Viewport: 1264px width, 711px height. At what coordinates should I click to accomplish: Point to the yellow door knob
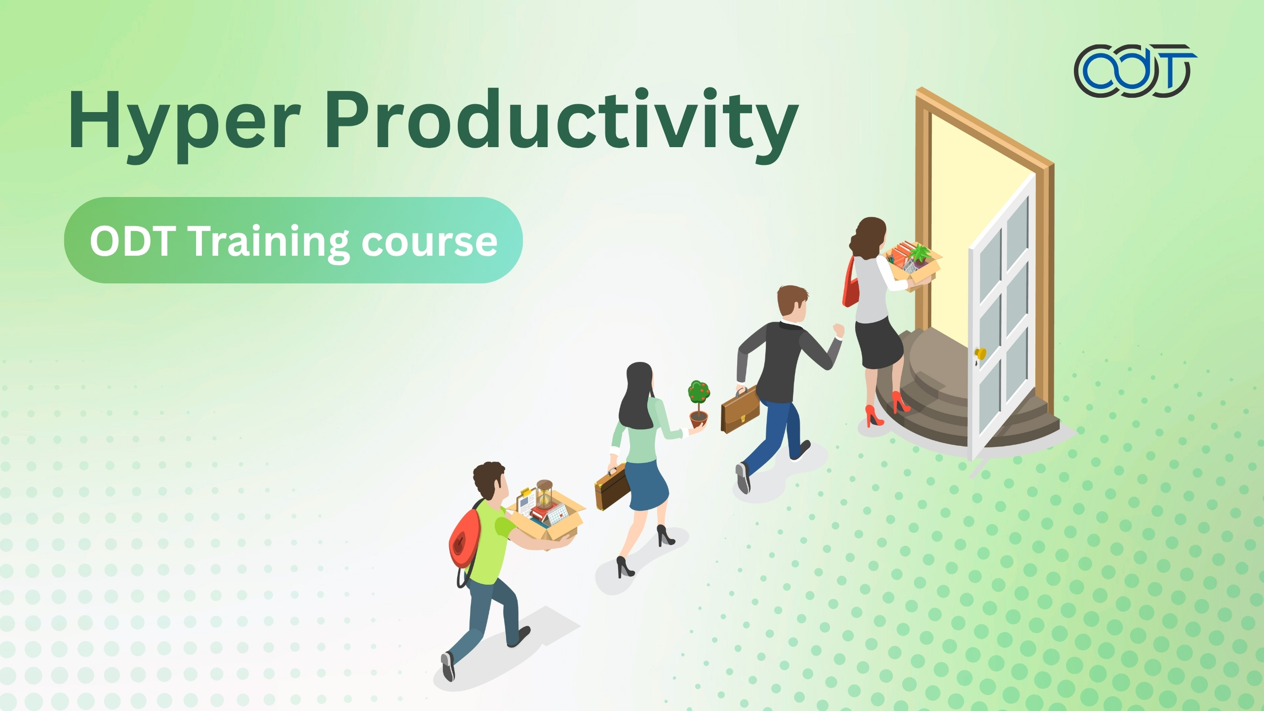980,354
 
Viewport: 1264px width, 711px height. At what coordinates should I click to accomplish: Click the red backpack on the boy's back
463,538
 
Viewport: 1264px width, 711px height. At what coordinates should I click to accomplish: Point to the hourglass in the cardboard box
545,493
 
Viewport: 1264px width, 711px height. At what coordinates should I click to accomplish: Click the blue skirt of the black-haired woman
648,486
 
